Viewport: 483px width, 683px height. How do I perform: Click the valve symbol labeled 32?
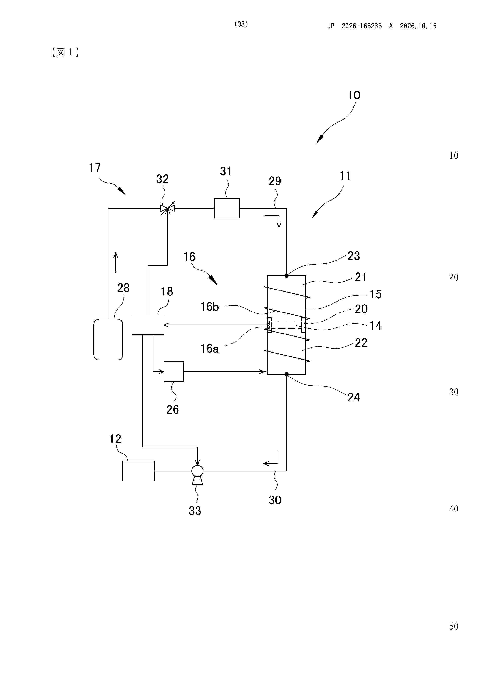[x=167, y=208]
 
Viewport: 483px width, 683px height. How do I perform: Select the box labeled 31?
[x=227, y=208]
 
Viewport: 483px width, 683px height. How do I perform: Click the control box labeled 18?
[x=148, y=325]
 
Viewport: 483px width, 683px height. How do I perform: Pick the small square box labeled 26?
[x=174, y=371]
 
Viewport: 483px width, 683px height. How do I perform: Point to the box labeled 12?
[x=138, y=471]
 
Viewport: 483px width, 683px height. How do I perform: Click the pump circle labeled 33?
[x=197, y=471]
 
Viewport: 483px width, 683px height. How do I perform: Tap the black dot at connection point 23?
[x=286, y=275]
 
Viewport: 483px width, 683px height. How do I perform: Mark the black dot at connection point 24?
[x=286, y=374]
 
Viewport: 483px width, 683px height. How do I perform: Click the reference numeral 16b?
[x=210, y=307]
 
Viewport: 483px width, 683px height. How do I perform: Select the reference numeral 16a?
[x=210, y=348]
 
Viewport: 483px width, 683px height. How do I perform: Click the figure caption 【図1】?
[x=65, y=52]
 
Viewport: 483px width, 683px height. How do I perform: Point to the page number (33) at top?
[x=241, y=24]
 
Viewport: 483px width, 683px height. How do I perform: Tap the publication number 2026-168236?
[x=362, y=26]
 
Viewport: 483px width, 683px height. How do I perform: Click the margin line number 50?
[x=454, y=626]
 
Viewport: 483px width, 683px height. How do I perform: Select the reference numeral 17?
[x=95, y=168]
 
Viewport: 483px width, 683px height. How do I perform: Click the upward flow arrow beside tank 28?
[x=116, y=262]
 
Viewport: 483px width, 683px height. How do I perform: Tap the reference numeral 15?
[x=375, y=295]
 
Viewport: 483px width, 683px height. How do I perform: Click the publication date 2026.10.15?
[x=418, y=26]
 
